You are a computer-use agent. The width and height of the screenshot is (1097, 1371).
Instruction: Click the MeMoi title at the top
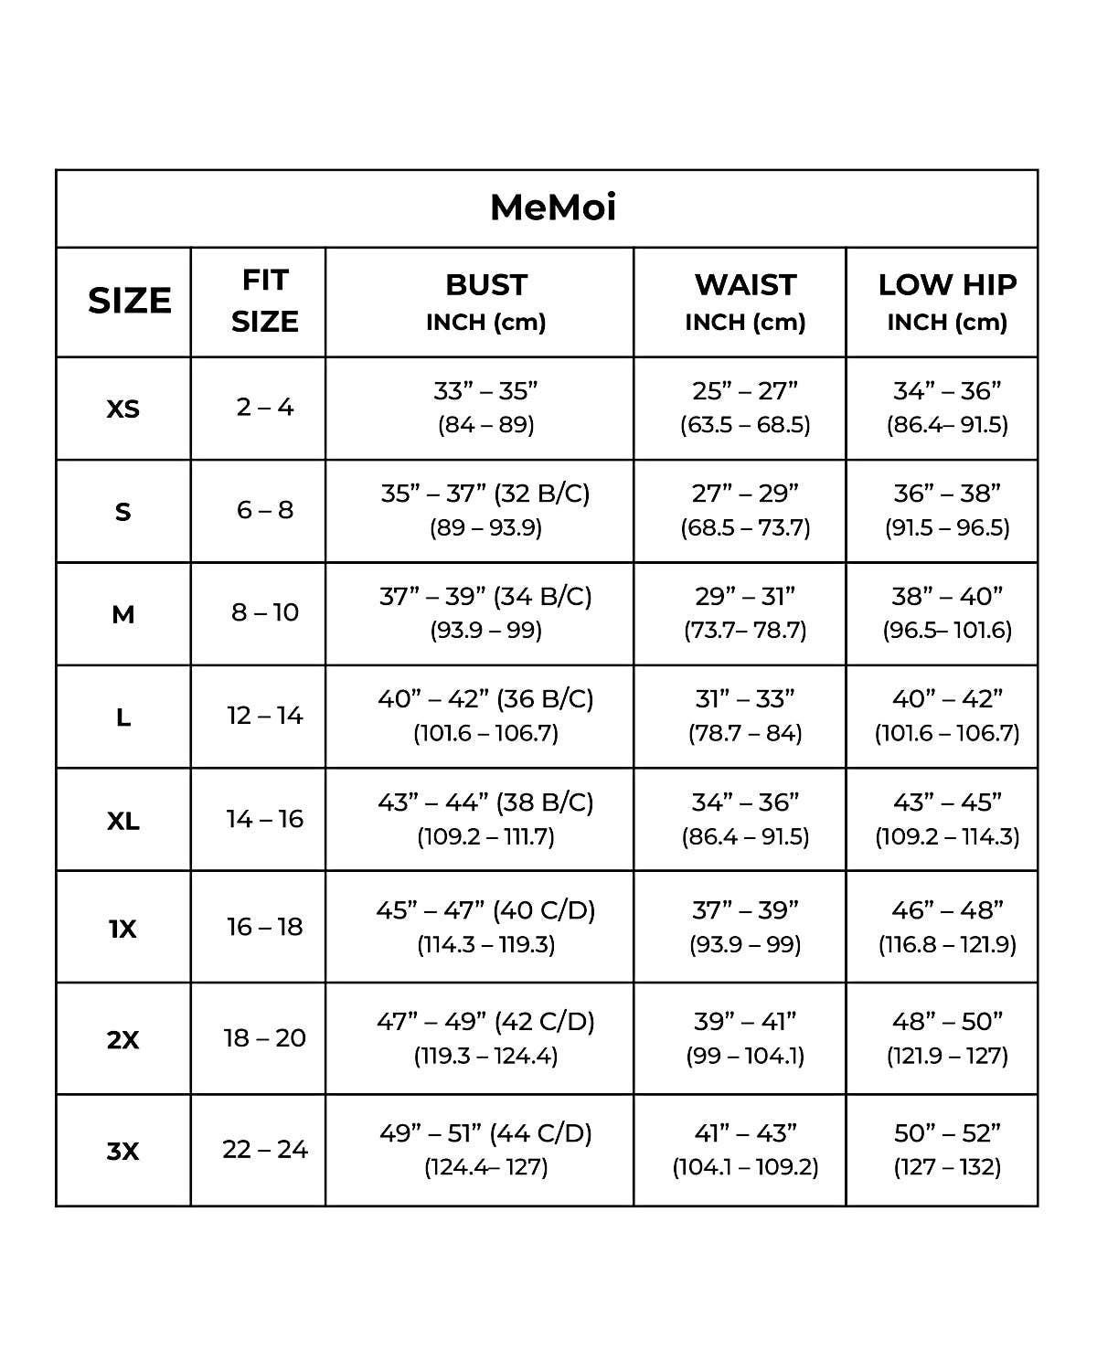[x=553, y=207]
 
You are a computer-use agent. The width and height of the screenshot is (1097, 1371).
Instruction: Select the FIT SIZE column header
[x=264, y=301]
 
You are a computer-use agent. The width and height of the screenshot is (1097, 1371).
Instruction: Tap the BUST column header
[x=485, y=301]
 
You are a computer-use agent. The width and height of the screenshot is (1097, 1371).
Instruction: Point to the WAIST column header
[x=745, y=301]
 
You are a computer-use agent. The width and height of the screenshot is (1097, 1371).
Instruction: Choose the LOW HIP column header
[x=947, y=301]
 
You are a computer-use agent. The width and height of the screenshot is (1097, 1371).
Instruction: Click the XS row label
[x=123, y=409]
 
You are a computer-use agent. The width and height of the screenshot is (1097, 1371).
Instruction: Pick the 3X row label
[x=123, y=1151]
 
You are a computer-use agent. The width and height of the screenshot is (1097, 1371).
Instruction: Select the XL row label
[x=123, y=821]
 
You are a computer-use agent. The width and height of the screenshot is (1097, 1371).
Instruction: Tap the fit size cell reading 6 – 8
[x=265, y=510]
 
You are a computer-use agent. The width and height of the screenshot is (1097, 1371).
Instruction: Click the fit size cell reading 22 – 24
[x=265, y=1149]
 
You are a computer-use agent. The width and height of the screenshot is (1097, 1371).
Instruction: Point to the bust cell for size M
[x=485, y=612]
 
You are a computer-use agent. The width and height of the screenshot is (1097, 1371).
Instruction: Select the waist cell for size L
[x=745, y=715]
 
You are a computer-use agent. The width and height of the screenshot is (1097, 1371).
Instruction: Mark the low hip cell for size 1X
[x=947, y=926]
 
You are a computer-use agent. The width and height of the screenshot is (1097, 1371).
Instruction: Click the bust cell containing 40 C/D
[x=485, y=926]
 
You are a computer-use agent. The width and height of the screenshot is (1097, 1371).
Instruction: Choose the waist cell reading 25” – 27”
[x=745, y=407]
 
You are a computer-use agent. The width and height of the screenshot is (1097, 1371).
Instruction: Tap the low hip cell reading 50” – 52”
[x=947, y=1149]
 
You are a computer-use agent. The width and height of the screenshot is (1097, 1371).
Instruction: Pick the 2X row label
[x=123, y=1040]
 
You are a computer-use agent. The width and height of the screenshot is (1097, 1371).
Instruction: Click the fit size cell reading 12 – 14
[x=265, y=716]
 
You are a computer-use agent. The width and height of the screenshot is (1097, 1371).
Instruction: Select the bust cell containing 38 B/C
[x=485, y=818]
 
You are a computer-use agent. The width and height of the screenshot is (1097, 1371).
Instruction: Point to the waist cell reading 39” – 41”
[x=745, y=1037]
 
